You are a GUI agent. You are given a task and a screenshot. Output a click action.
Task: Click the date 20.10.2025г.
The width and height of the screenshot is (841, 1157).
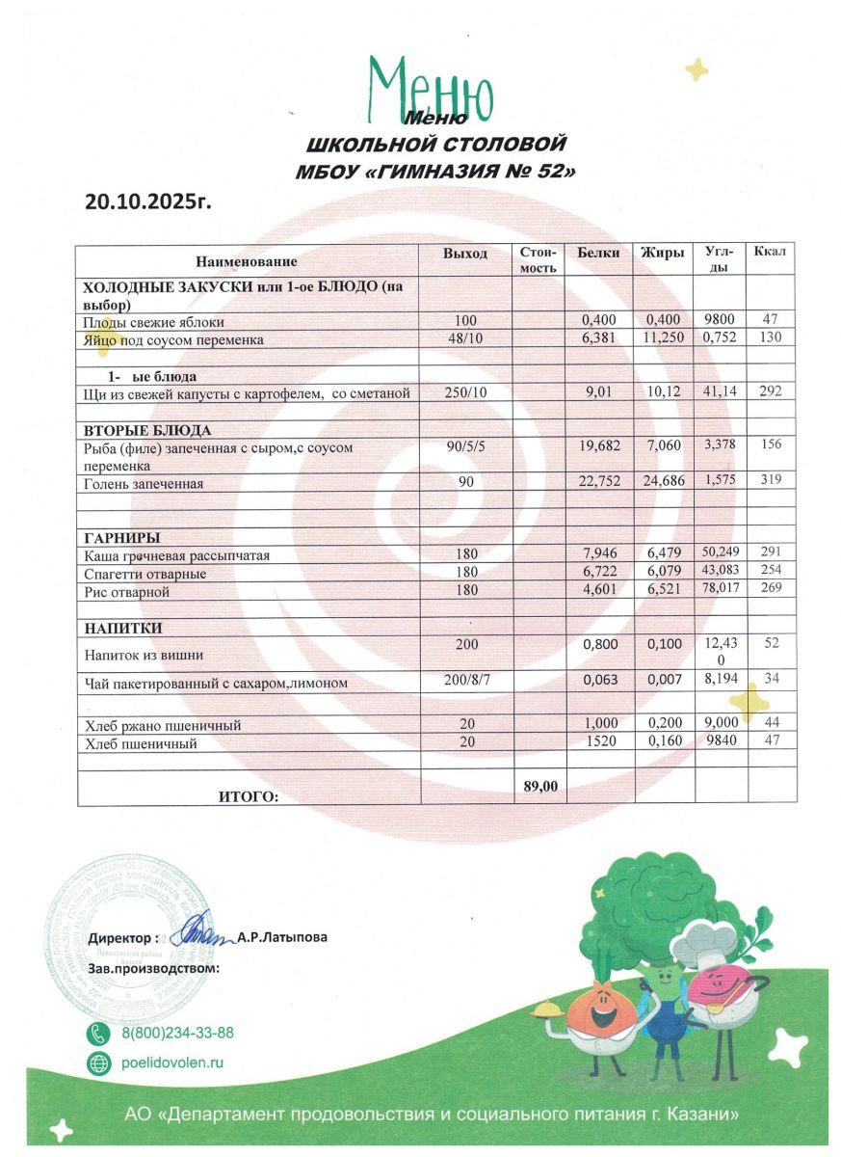coord(147,202)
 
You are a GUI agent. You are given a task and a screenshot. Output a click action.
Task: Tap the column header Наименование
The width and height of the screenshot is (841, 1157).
coord(247,261)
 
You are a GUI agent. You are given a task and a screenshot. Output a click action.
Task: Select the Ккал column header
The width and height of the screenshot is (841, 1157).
coord(770,253)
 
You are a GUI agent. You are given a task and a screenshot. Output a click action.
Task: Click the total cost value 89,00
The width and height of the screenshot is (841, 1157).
coord(540,787)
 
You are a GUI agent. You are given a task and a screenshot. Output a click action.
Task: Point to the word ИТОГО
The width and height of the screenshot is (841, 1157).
coord(248,796)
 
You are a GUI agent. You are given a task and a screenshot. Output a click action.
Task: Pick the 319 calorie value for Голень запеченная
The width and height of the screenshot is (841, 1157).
coord(770,482)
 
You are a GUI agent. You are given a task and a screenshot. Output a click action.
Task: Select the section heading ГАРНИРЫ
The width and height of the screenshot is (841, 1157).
coord(121,537)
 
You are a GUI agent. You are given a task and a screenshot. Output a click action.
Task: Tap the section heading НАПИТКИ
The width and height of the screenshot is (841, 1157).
coord(122,628)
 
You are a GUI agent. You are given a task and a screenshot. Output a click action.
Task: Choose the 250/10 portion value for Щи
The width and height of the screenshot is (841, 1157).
coord(466,391)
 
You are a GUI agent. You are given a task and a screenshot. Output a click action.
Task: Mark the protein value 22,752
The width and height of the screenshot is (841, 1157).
coord(599,482)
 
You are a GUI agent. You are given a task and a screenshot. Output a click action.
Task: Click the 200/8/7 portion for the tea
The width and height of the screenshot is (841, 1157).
coord(466,681)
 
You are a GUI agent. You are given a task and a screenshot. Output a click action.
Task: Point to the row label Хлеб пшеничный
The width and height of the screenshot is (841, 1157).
coord(140,743)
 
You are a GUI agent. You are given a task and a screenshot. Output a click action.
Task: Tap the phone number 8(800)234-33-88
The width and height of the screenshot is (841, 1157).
coord(177,1033)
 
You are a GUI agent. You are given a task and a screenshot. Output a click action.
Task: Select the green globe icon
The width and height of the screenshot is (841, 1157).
coord(98,1063)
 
